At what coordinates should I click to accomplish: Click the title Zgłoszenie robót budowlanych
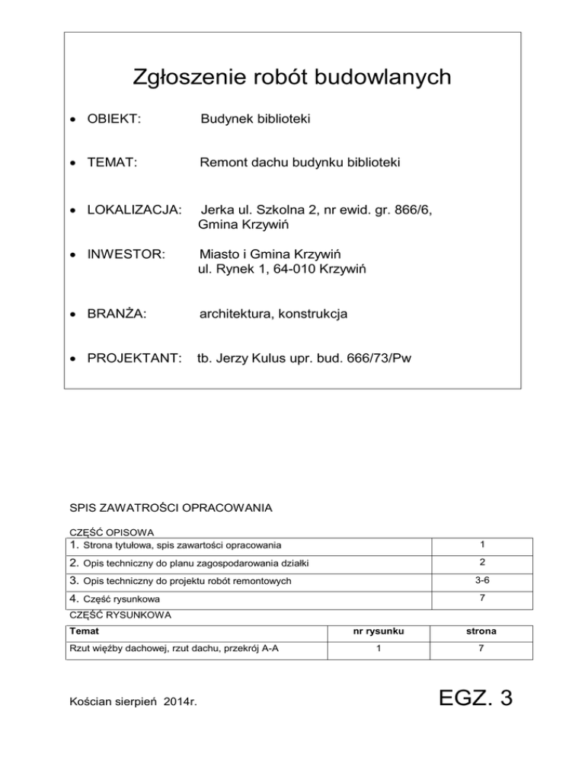292,77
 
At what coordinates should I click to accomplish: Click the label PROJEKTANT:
133,357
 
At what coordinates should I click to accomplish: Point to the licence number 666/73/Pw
376,357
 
